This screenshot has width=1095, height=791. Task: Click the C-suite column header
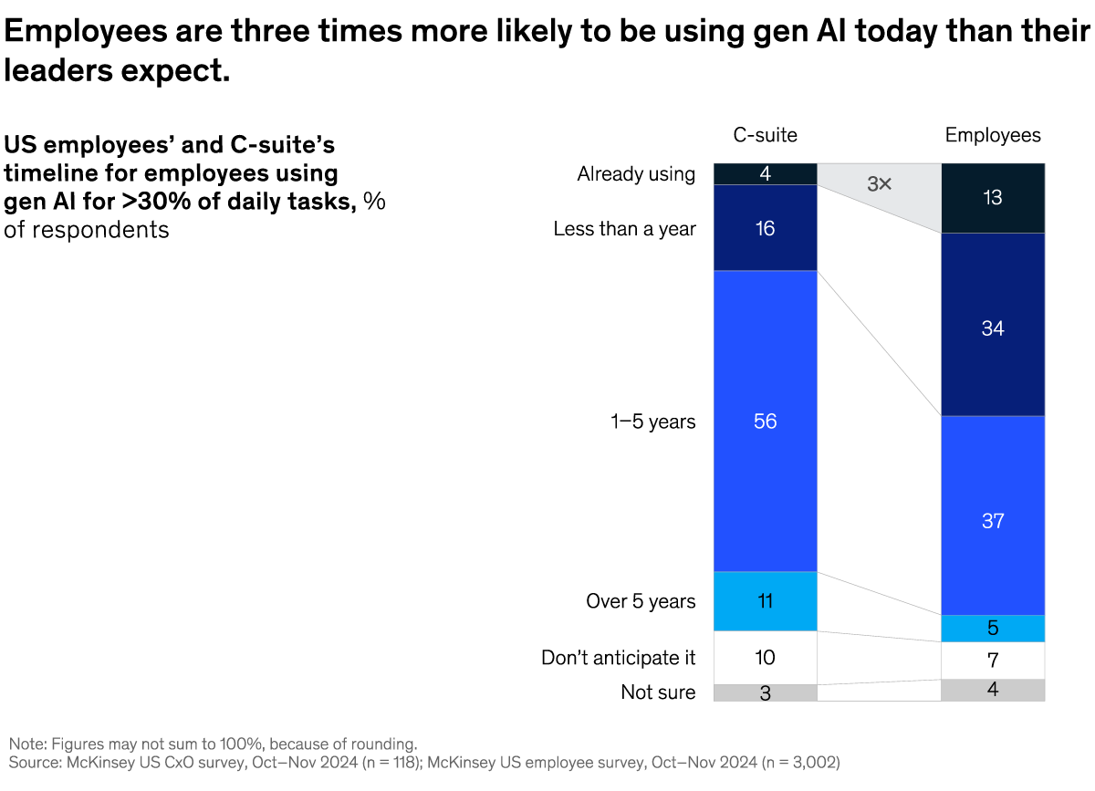click(765, 135)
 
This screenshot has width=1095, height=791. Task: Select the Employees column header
click(992, 135)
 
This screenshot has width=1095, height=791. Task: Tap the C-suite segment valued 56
click(765, 421)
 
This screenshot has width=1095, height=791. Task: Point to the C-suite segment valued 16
click(765, 228)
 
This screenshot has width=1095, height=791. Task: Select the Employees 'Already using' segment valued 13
click(992, 198)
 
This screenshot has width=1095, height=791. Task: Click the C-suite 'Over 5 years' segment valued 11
click(765, 601)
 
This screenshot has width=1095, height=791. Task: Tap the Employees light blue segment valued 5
click(992, 629)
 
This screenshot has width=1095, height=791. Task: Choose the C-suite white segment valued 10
click(765, 658)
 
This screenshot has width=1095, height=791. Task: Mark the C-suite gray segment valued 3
click(765, 692)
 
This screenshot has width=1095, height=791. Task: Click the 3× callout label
click(879, 184)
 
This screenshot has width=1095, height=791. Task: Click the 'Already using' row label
click(636, 173)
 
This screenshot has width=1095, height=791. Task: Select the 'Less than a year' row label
click(624, 228)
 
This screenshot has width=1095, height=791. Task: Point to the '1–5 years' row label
click(653, 422)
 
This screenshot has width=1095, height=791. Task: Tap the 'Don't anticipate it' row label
click(618, 658)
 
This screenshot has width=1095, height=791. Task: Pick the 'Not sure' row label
click(658, 692)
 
